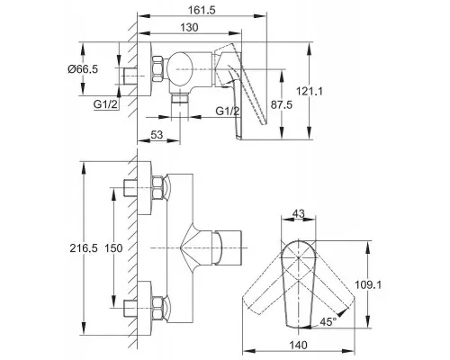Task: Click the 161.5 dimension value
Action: pos(202,10)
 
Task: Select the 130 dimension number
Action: pos(189,28)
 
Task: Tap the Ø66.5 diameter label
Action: pos(83,69)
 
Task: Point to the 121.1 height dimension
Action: pos(310,91)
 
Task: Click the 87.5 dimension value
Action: pos(282,104)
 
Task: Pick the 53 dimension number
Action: pos(157,135)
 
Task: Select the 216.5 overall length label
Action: pos(84,248)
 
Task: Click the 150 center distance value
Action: pos(113,248)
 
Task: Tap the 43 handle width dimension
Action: pos(298,213)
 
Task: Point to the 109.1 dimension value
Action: pos(368,284)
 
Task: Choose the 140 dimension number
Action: pos(298,345)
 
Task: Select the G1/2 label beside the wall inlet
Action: pos(105,104)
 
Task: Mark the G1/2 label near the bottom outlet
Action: pos(228,112)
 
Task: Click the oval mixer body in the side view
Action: pos(179,69)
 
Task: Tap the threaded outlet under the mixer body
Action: pos(180,99)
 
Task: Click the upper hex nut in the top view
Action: pos(158,187)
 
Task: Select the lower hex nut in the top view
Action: pos(158,308)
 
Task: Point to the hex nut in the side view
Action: pos(158,68)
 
